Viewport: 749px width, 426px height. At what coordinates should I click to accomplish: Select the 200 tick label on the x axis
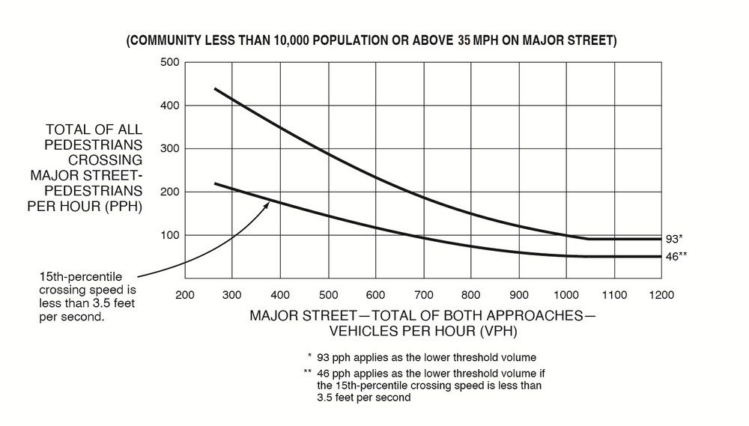point(184,295)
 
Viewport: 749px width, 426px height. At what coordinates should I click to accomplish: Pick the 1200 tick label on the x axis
point(662,295)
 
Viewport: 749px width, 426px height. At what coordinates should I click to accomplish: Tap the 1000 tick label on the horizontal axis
point(566,295)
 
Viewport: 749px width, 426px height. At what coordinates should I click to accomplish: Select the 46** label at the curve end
point(676,256)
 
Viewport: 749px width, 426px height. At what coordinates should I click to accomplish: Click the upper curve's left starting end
point(214,88)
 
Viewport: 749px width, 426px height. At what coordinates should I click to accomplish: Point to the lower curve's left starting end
point(214,183)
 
